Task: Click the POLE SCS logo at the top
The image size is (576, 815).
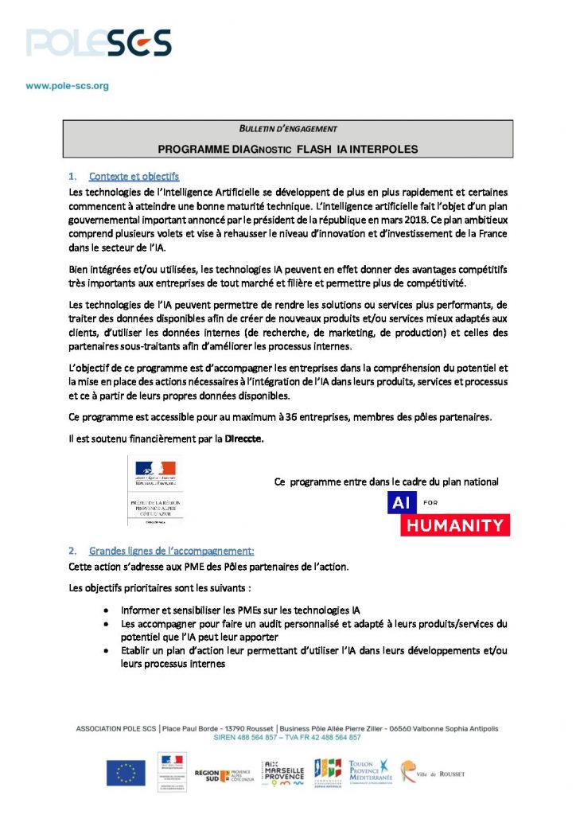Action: click(x=98, y=41)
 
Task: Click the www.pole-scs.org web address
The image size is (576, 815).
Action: click(x=67, y=85)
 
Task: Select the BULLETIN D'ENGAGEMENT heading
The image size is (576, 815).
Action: click(x=288, y=129)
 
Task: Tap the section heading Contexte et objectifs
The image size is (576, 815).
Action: click(x=134, y=176)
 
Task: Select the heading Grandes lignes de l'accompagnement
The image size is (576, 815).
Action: click(x=171, y=550)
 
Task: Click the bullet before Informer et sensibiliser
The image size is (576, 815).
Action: click(x=107, y=609)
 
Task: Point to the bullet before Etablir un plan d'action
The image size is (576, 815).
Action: click(x=107, y=650)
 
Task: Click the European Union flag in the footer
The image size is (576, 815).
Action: click(x=126, y=772)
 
